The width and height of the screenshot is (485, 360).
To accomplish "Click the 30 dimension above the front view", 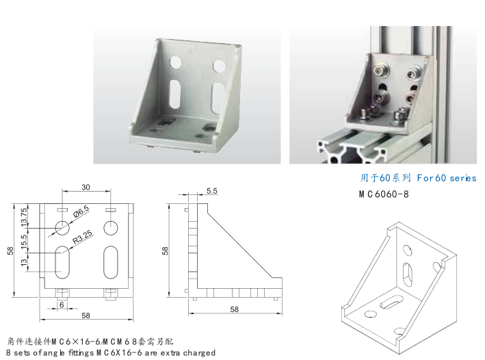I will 86,188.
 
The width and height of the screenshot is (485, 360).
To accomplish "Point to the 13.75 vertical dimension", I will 25,216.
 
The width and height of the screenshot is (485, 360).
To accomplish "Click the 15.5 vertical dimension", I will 25,242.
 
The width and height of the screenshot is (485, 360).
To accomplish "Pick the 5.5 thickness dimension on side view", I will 211,190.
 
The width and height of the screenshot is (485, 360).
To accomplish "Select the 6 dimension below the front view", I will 62,305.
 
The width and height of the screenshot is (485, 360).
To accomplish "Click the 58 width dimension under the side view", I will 234,310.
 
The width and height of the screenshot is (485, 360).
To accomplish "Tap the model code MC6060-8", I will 386,194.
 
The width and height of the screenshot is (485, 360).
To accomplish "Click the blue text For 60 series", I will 445,178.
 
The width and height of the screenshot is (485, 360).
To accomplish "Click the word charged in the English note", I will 198,353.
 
